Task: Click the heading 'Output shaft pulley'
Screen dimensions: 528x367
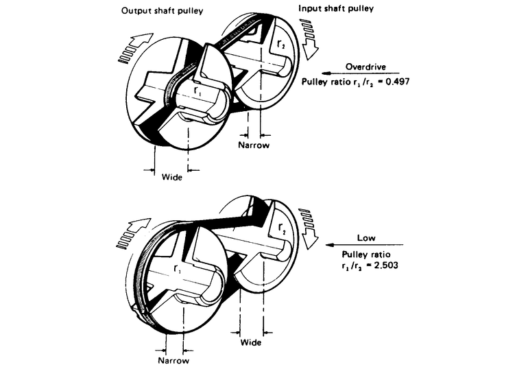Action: [162, 11]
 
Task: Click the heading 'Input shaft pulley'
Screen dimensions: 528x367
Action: [336, 8]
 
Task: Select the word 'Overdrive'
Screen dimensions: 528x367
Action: [365, 67]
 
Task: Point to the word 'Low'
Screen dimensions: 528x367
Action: [366, 238]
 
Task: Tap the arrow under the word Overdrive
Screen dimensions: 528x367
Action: [359, 73]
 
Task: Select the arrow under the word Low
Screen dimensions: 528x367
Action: [364, 244]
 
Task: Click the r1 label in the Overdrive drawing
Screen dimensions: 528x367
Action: [197, 91]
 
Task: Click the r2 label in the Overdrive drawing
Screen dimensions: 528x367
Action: [280, 45]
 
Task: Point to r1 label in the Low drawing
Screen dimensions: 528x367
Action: [177, 269]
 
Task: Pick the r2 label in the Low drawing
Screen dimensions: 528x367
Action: [282, 228]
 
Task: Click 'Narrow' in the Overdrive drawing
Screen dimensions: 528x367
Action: [254, 145]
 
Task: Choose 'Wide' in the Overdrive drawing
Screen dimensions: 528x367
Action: [171, 177]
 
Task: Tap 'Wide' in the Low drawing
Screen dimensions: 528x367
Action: [251, 343]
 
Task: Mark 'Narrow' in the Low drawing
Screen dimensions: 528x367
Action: [173, 361]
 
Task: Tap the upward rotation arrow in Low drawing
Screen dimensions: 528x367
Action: [134, 233]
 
